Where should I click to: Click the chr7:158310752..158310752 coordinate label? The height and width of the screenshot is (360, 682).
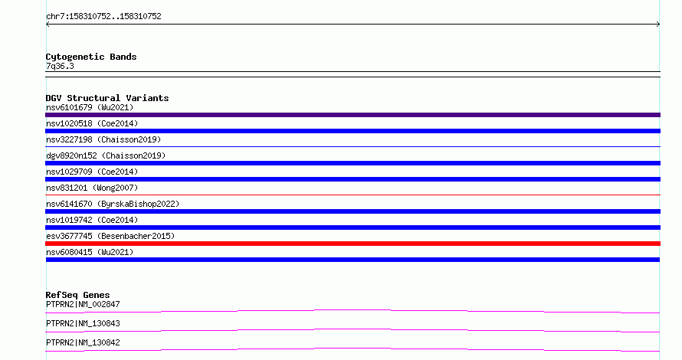pos(103,17)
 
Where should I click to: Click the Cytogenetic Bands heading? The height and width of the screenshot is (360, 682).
pos(91,57)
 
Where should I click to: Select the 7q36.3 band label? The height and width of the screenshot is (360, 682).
pos(60,66)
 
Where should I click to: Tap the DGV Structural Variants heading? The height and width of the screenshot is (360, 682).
pos(107,98)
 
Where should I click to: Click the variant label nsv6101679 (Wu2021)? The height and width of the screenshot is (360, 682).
pos(90,107)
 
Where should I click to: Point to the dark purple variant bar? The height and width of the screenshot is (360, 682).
pos(352,115)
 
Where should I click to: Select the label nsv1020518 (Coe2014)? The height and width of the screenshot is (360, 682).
pos(92,123)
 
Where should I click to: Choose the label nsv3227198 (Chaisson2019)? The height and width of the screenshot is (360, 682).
pos(103,139)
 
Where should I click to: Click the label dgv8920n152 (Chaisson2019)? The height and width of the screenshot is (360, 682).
pos(106,155)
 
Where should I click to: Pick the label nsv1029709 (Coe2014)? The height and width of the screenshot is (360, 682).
pos(92,172)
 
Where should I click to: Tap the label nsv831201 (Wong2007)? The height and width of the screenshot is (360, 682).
pos(92,188)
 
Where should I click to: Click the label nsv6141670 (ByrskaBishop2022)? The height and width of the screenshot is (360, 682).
pos(113,204)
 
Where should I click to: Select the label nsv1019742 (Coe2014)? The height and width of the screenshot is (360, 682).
pos(92,220)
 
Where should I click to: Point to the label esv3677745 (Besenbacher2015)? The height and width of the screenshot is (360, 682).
pos(110,236)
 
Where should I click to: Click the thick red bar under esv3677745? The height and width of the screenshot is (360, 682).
pos(352,244)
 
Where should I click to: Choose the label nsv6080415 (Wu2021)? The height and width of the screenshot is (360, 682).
pos(90,252)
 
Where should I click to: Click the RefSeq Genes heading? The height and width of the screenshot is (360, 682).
pos(77,295)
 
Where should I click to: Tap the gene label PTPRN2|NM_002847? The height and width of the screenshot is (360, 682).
pos(83,304)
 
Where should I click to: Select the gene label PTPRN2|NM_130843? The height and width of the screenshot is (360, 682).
pos(83,323)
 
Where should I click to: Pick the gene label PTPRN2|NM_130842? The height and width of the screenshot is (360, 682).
pos(83,342)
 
